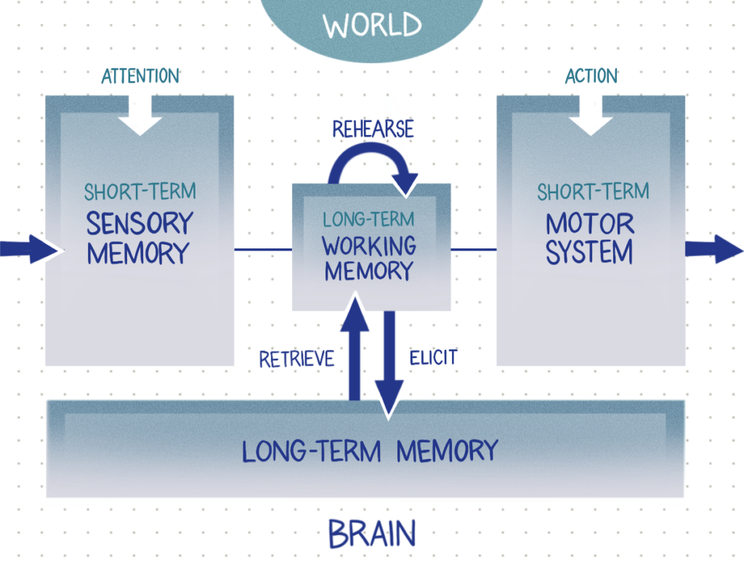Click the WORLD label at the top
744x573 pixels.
point(372,25)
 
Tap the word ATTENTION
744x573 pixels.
point(140,76)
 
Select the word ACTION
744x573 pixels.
point(591,76)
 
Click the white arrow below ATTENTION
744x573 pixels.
point(140,116)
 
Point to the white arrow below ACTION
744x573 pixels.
point(591,116)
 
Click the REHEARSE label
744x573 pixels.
point(373,129)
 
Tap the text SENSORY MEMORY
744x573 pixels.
point(138,238)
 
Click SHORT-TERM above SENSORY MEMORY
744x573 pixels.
point(139,192)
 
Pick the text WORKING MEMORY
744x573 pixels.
point(369,258)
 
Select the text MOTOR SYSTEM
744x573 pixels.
point(590,238)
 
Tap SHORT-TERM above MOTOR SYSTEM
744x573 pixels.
point(593,192)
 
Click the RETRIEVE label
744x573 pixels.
point(296,358)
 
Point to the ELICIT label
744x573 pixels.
point(433,357)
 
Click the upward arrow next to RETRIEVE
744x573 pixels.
point(354,349)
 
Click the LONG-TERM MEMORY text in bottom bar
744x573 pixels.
point(369,451)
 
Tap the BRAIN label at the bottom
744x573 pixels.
point(372,535)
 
